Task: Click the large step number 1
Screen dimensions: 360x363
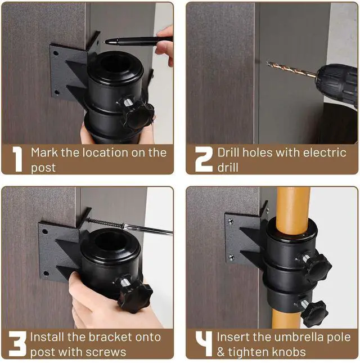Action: tap(17, 159)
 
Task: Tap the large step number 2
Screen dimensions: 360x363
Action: tap(204, 159)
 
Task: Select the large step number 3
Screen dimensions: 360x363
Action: tap(17, 344)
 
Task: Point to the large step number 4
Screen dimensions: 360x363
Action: tap(204, 343)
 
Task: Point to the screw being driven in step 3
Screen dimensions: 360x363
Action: tap(105, 222)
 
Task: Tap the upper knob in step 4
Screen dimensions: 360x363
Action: tap(316, 267)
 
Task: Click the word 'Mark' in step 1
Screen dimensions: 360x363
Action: tap(44, 153)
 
